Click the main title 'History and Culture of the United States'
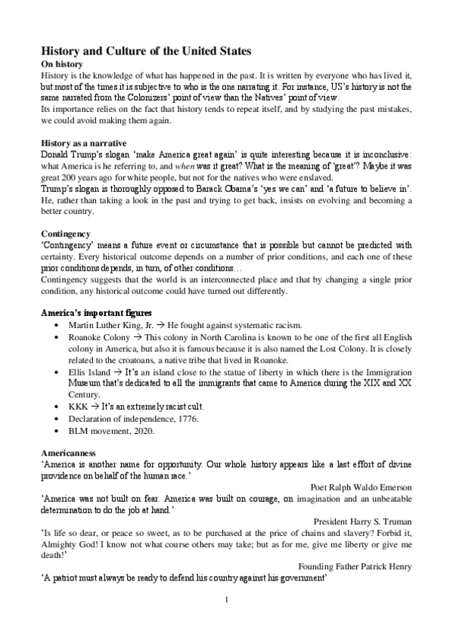[x=145, y=51]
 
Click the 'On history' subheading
[x=62, y=64]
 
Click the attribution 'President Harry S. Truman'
[x=361, y=522]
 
